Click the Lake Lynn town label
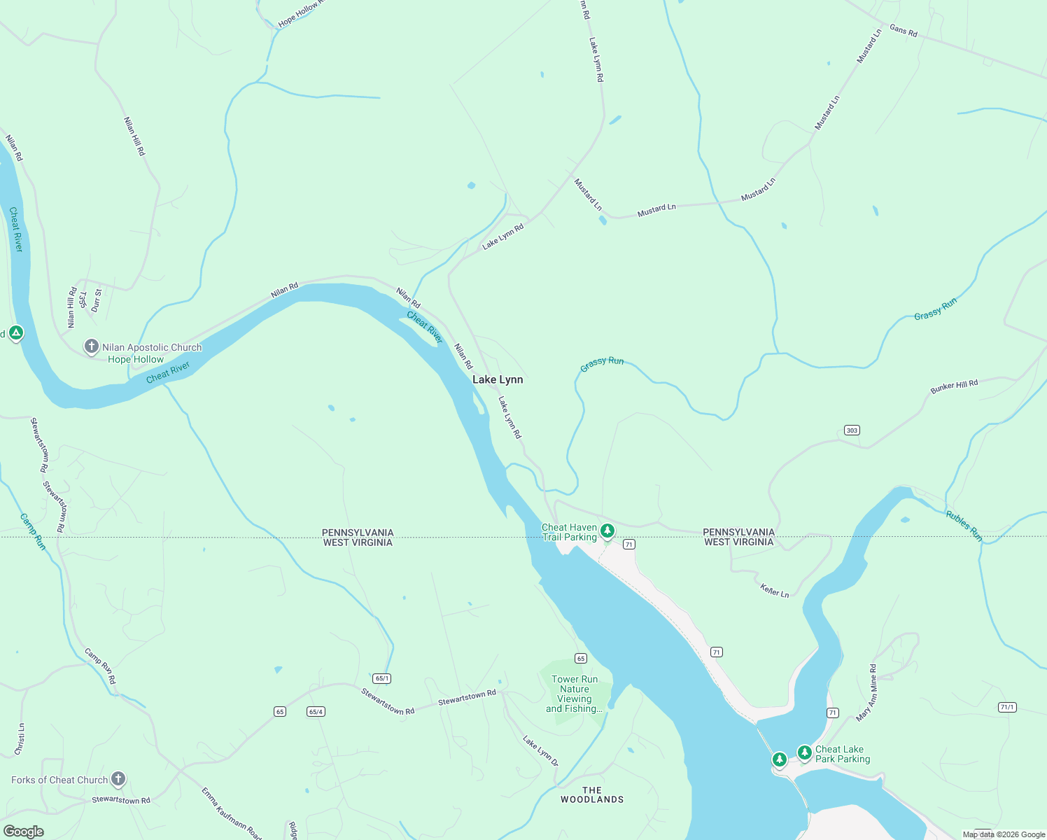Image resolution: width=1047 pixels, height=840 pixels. coord(498,379)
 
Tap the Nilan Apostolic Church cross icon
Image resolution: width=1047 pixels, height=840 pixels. coord(91,346)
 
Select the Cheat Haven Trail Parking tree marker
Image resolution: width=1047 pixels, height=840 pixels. coord(607,531)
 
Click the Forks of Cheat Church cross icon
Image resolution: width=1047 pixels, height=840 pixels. coord(118,778)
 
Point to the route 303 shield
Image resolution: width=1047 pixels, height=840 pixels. coord(852,430)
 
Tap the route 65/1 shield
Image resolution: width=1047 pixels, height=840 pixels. coord(381,678)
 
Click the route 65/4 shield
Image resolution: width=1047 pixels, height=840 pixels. coord(316,712)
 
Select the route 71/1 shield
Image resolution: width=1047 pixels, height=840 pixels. coord(1007,708)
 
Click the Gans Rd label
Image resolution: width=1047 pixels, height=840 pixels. coord(903,30)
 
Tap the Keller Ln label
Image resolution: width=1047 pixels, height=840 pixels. coord(775,591)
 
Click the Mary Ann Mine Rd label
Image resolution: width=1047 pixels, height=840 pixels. coord(866,693)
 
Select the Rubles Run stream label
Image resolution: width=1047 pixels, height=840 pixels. coord(964,526)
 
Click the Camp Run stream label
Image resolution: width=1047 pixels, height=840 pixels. coord(32,532)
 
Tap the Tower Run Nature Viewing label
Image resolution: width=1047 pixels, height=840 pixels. coord(575,694)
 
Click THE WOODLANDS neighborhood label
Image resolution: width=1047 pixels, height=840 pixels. coord(592,794)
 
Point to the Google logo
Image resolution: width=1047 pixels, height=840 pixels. coord(24,831)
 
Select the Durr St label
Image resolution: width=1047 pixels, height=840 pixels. coord(97,300)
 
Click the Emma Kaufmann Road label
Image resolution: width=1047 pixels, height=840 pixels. coord(231,813)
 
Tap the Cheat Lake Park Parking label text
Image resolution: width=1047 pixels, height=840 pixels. coord(843,754)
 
